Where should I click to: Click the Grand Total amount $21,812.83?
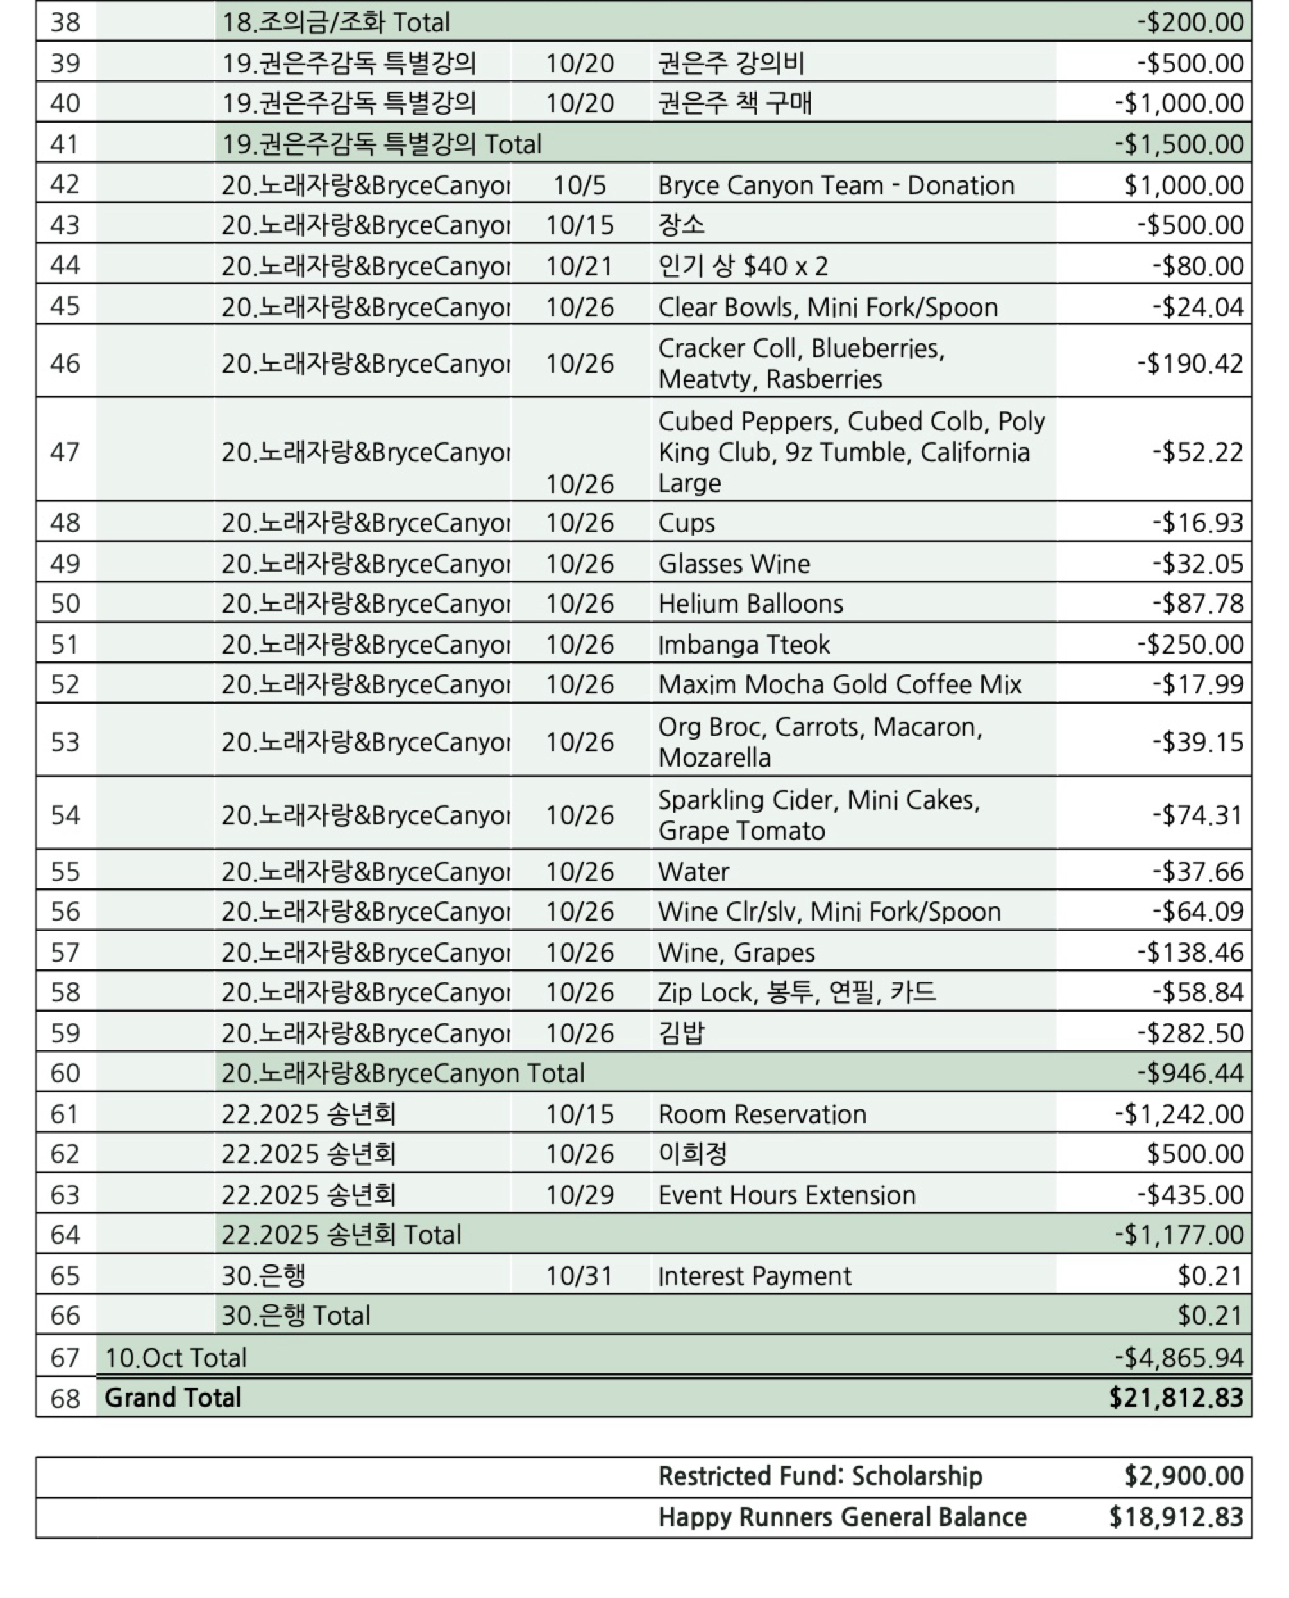[1175, 1397]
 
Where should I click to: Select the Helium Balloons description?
[750, 604]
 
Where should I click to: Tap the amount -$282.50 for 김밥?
[1190, 1033]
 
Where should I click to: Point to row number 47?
[65, 452]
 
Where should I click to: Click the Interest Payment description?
[754, 1276]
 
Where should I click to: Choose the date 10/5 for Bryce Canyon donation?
[579, 185]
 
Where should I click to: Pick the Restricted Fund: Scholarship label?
[820, 1476]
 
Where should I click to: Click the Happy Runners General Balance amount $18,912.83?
[1175, 1517]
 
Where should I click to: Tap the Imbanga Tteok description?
[743, 645]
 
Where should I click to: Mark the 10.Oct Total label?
[175, 1357]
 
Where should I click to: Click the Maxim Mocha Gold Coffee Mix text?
[839, 684]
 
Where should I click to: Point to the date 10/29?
[579, 1194]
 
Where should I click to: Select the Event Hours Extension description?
[786, 1194]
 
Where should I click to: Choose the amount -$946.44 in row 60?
[1190, 1073]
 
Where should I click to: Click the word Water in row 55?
[693, 871]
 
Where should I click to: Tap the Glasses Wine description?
[734, 564]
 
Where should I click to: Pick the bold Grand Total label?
[173, 1397]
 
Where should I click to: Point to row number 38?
[65, 22]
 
